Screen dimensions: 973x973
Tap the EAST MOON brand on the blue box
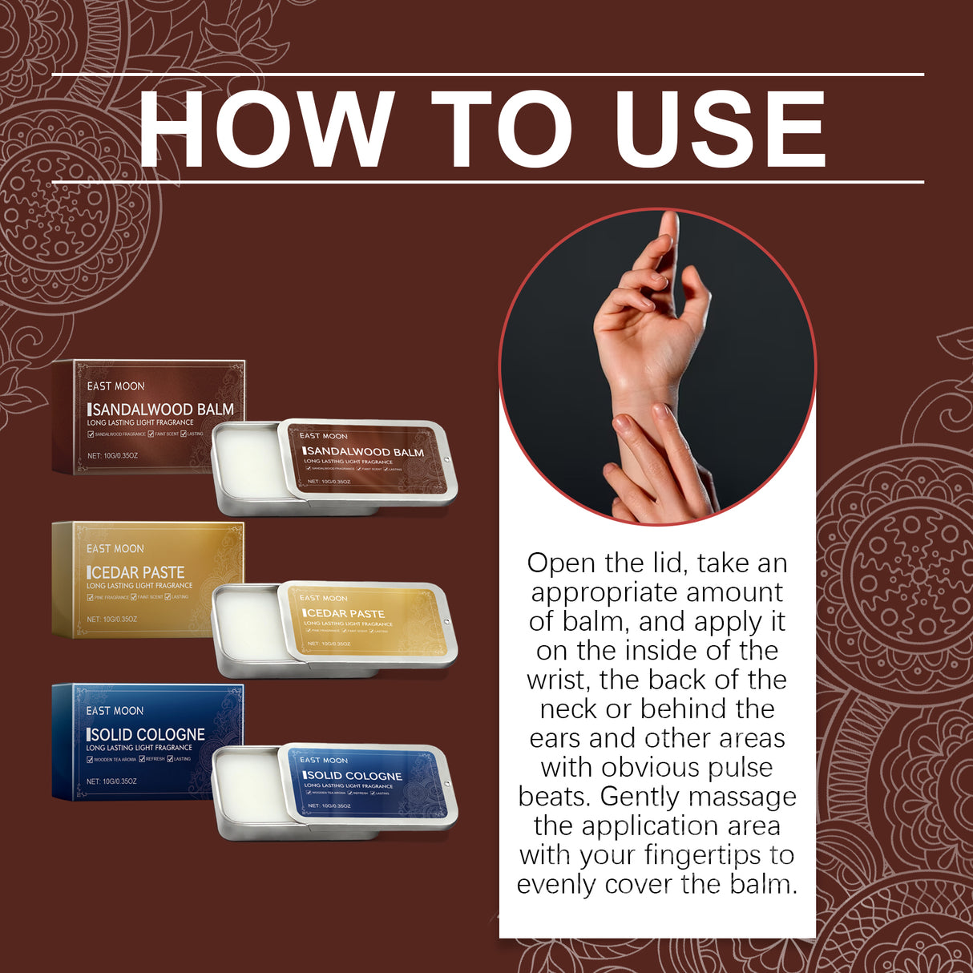pyautogui.click(x=115, y=711)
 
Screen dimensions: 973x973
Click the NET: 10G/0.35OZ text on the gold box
pyautogui.click(x=112, y=620)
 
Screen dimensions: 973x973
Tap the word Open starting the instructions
pyautogui.click(x=561, y=563)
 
